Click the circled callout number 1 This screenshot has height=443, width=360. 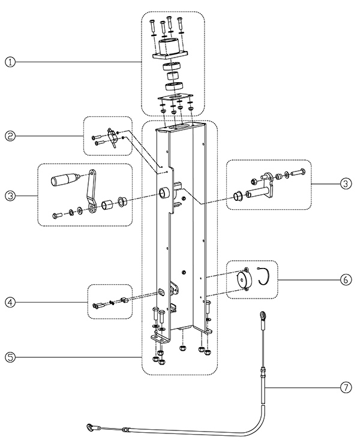tap(10, 62)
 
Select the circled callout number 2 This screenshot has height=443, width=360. tap(10, 136)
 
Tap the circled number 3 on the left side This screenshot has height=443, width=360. tap(10, 195)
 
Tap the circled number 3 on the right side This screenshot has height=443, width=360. tap(346, 183)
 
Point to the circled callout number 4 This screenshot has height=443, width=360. tap(10, 302)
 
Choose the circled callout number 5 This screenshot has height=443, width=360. tap(10, 357)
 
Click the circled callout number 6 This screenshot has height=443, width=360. tap(346, 280)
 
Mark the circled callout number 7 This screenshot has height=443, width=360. tap(346, 387)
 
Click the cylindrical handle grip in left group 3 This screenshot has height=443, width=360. tap(64, 179)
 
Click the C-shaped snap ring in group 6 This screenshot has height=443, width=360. tap(265, 277)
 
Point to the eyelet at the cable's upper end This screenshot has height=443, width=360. tap(263, 315)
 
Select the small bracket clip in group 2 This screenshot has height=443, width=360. tap(112, 137)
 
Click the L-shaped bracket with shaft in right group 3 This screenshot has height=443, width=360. tap(262, 186)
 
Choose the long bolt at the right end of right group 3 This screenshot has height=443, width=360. tap(298, 171)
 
